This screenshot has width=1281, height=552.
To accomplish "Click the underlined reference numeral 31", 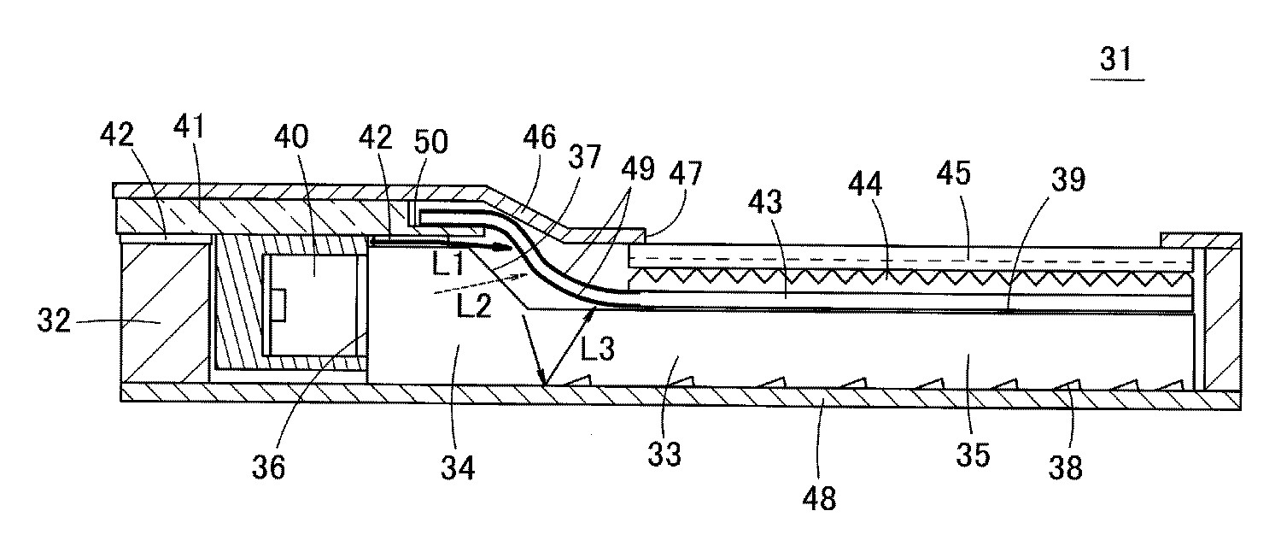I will click(1116, 60).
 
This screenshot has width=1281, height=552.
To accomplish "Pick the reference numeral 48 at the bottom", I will click(817, 496).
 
